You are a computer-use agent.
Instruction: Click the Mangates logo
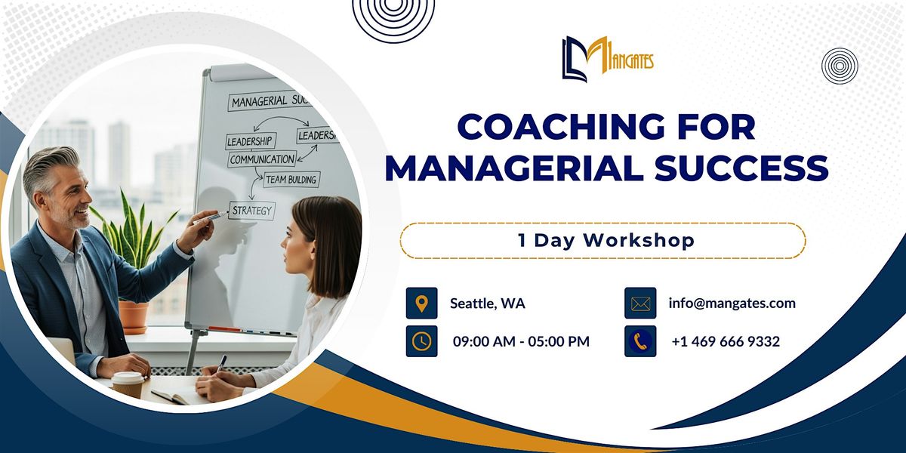tap(607, 59)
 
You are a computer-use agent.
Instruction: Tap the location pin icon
tap(421, 304)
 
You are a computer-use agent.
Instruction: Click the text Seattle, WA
tap(488, 304)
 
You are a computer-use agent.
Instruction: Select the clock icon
tap(421, 341)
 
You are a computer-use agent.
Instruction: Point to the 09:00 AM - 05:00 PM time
tap(521, 341)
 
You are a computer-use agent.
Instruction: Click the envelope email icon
tap(640, 304)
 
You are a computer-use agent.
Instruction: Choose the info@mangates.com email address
tap(732, 304)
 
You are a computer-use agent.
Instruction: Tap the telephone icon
tap(640, 341)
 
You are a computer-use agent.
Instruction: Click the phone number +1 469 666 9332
tap(726, 341)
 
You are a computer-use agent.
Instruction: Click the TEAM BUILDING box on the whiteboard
tap(291, 179)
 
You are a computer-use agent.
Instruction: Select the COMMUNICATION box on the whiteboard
tap(261, 159)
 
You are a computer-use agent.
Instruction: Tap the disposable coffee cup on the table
tap(128, 384)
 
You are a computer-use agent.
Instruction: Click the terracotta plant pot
tap(134, 316)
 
